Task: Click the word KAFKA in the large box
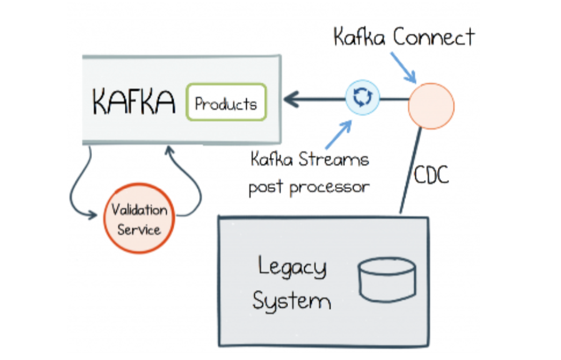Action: (x=133, y=102)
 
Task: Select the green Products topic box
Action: (x=226, y=102)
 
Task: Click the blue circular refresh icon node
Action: (x=363, y=97)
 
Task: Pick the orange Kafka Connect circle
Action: (x=431, y=105)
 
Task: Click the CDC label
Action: (x=432, y=176)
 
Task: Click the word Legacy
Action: (x=292, y=267)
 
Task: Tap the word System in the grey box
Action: (x=291, y=301)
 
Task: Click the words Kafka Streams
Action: (x=309, y=159)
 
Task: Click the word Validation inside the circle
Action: (x=139, y=210)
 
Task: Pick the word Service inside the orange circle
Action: (x=139, y=229)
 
